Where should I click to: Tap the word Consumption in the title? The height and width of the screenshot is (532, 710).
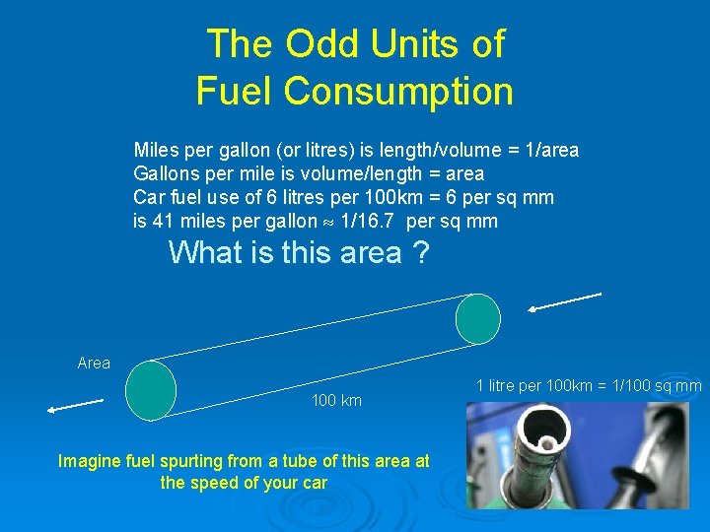tap(398, 92)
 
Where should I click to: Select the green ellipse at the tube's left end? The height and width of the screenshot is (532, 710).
tap(152, 390)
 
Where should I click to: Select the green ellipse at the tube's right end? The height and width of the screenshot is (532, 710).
tap(478, 318)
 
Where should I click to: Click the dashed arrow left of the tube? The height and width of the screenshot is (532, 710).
tap(73, 404)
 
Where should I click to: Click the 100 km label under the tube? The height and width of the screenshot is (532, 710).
tap(336, 401)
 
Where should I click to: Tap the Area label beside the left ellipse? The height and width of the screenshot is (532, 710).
tap(94, 364)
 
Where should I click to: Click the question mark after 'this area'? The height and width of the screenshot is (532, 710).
tap(421, 253)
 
